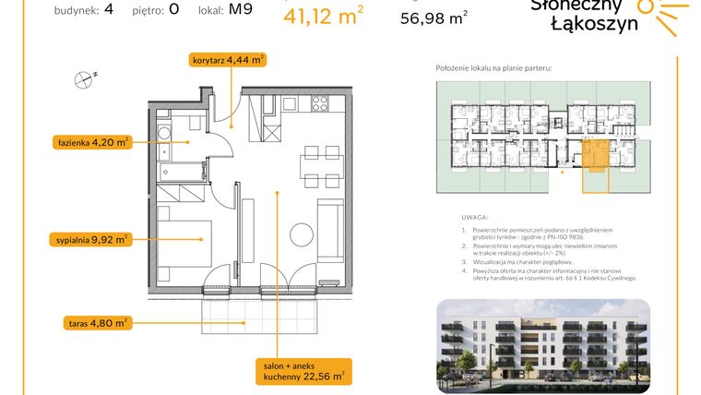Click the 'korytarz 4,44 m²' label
tap(228, 60)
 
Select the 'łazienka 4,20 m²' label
tap(89, 142)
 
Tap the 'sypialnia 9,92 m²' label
tap(90, 240)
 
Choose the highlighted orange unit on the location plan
tap(595, 151)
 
